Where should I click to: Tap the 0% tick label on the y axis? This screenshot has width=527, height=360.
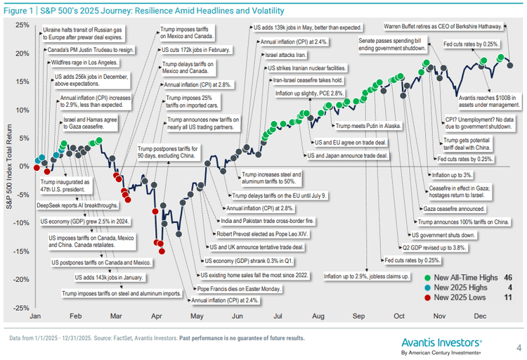pyautogui.click(x=25, y=166)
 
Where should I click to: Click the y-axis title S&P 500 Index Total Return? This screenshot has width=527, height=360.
pyautogui.click(x=9, y=166)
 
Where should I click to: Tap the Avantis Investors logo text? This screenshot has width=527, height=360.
pyautogui.click(x=441, y=341)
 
